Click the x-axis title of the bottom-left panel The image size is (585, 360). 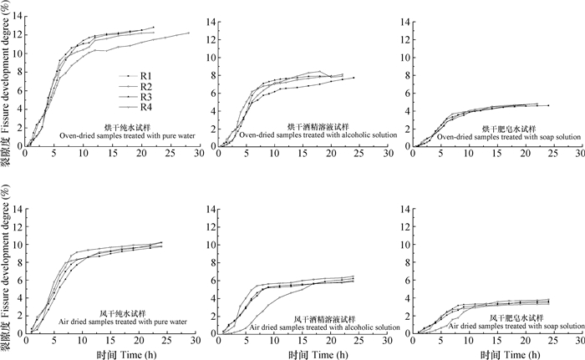[108, 352]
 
